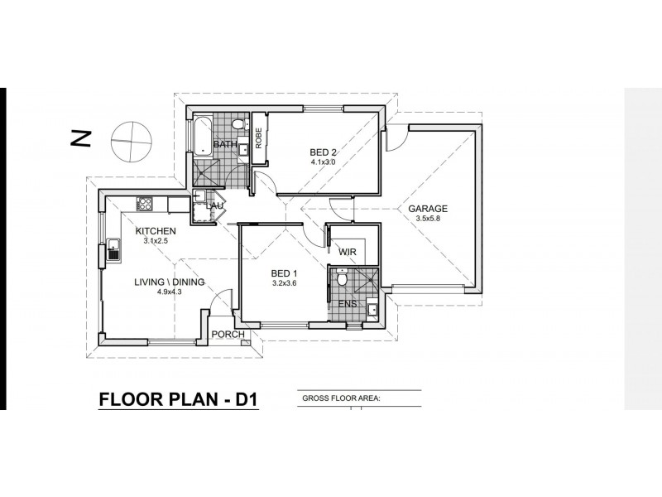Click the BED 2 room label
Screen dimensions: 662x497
pos(323,152)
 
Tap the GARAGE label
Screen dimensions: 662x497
pos(428,209)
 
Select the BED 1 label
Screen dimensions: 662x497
pos(284,273)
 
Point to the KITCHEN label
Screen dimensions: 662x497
pos(156,231)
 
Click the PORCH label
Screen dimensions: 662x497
pos(228,335)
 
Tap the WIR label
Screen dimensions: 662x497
pos(348,252)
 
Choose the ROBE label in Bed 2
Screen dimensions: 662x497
pos(259,138)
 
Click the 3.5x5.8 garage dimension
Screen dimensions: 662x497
pos(428,219)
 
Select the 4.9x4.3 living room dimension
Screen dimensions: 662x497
pos(170,292)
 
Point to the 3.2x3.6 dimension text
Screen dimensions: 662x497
pos(284,283)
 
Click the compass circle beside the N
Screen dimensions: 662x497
pos(132,141)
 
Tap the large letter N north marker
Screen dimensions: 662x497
pos(80,138)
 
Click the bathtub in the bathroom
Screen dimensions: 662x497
pos(203,135)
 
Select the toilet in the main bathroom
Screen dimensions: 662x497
pos(240,124)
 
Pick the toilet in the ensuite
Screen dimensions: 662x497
pos(342,277)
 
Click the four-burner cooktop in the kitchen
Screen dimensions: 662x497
pos(144,204)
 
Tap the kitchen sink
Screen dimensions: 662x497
pos(113,249)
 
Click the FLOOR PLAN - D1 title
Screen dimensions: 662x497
pos(178,399)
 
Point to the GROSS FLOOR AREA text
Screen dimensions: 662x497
pos(342,398)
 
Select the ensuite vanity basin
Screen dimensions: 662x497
pos(372,309)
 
